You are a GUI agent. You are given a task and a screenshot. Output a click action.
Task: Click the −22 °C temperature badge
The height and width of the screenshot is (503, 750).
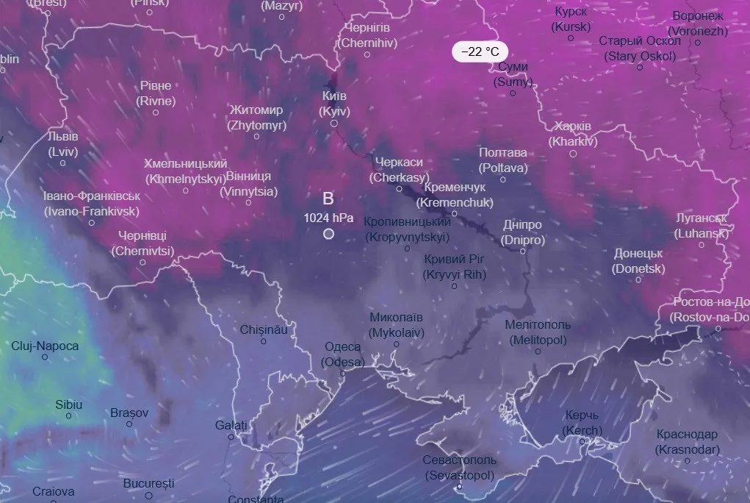pyautogui.click(x=480, y=51)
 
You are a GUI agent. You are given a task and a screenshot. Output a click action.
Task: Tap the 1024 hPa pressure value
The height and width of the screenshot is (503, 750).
pyautogui.click(x=328, y=218)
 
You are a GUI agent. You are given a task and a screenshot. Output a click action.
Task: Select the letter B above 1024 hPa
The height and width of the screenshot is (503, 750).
pyautogui.click(x=328, y=198)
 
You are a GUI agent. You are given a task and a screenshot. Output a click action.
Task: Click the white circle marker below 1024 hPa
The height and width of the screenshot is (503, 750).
pyautogui.click(x=328, y=234)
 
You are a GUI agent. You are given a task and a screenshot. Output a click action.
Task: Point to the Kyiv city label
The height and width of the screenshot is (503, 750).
pyautogui.click(x=334, y=104)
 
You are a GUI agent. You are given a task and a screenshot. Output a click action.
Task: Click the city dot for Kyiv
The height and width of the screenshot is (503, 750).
pyautogui.click(x=333, y=124)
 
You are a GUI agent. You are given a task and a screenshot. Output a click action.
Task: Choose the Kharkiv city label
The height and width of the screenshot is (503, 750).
pyautogui.click(x=573, y=134)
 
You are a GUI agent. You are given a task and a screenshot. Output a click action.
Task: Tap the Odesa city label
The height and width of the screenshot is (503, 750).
pyautogui.click(x=342, y=354)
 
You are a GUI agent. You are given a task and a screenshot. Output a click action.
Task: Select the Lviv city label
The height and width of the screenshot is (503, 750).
pyautogui.click(x=62, y=144)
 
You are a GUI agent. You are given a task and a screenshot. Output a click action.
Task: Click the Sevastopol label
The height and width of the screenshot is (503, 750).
pyautogui.click(x=459, y=468)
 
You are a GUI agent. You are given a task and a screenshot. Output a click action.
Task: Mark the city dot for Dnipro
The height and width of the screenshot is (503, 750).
pyautogui.click(x=523, y=251)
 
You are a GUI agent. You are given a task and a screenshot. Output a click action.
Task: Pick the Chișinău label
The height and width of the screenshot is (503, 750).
pyautogui.click(x=264, y=329)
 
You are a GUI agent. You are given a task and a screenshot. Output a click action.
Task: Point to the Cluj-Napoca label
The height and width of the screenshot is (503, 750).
pyautogui.click(x=45, y=346)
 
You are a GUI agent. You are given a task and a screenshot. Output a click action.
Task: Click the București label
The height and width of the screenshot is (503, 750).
pyautogui.click(x=148, y=484)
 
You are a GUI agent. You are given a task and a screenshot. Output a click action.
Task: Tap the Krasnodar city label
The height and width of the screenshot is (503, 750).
pyautogui.click(x=688, y=441)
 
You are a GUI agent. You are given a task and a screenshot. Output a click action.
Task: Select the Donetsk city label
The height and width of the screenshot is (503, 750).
pyautogui.click(x=638, y=261)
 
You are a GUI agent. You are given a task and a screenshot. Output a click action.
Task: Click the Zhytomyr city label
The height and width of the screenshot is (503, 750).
pyautogui.click(x=256, y=118)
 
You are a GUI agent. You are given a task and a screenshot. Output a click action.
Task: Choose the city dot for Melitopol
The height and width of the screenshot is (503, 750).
pyautogui.click(x=538, y=352)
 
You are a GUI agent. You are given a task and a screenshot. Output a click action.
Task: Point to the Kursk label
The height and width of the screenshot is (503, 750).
pyautogui.click(x=571, y=20)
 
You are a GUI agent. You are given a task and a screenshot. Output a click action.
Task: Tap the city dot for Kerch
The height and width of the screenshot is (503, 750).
pyautogui.click(x=582, y=442)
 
